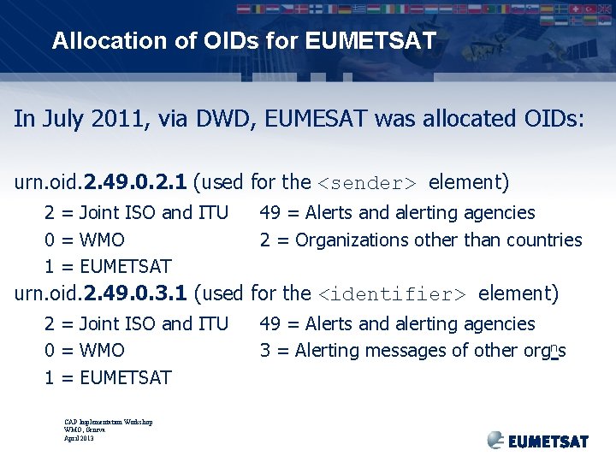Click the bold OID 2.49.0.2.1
(x=134, y=182)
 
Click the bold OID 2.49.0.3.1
(x=134, y=293)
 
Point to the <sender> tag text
(x=367, y=183)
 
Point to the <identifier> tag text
(x=392, y=294)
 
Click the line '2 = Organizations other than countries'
(x=421, y=240)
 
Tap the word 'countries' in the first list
(x=544, y=240)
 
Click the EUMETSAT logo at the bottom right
(x=538, y=440)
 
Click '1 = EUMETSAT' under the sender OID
(x=108, y=267)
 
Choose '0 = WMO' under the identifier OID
(x=85, y=351)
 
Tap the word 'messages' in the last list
(x=400, y=351)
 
